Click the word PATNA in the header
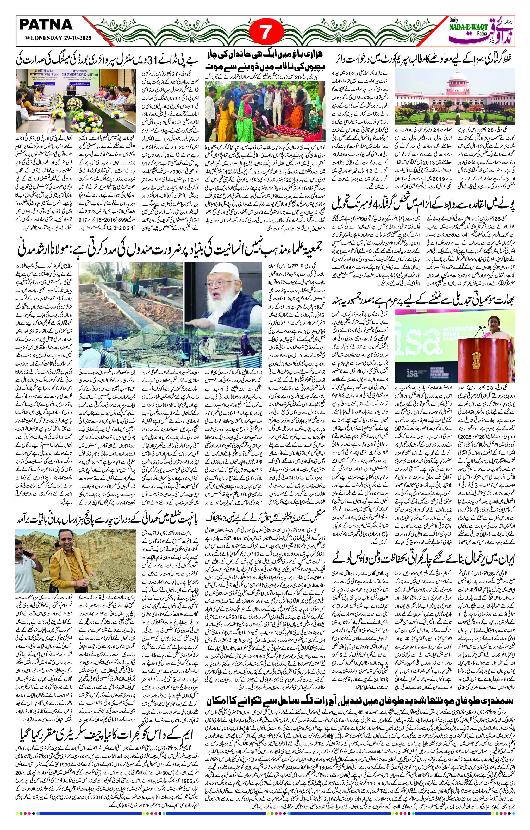pyautogui.click(x=46, y=24)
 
